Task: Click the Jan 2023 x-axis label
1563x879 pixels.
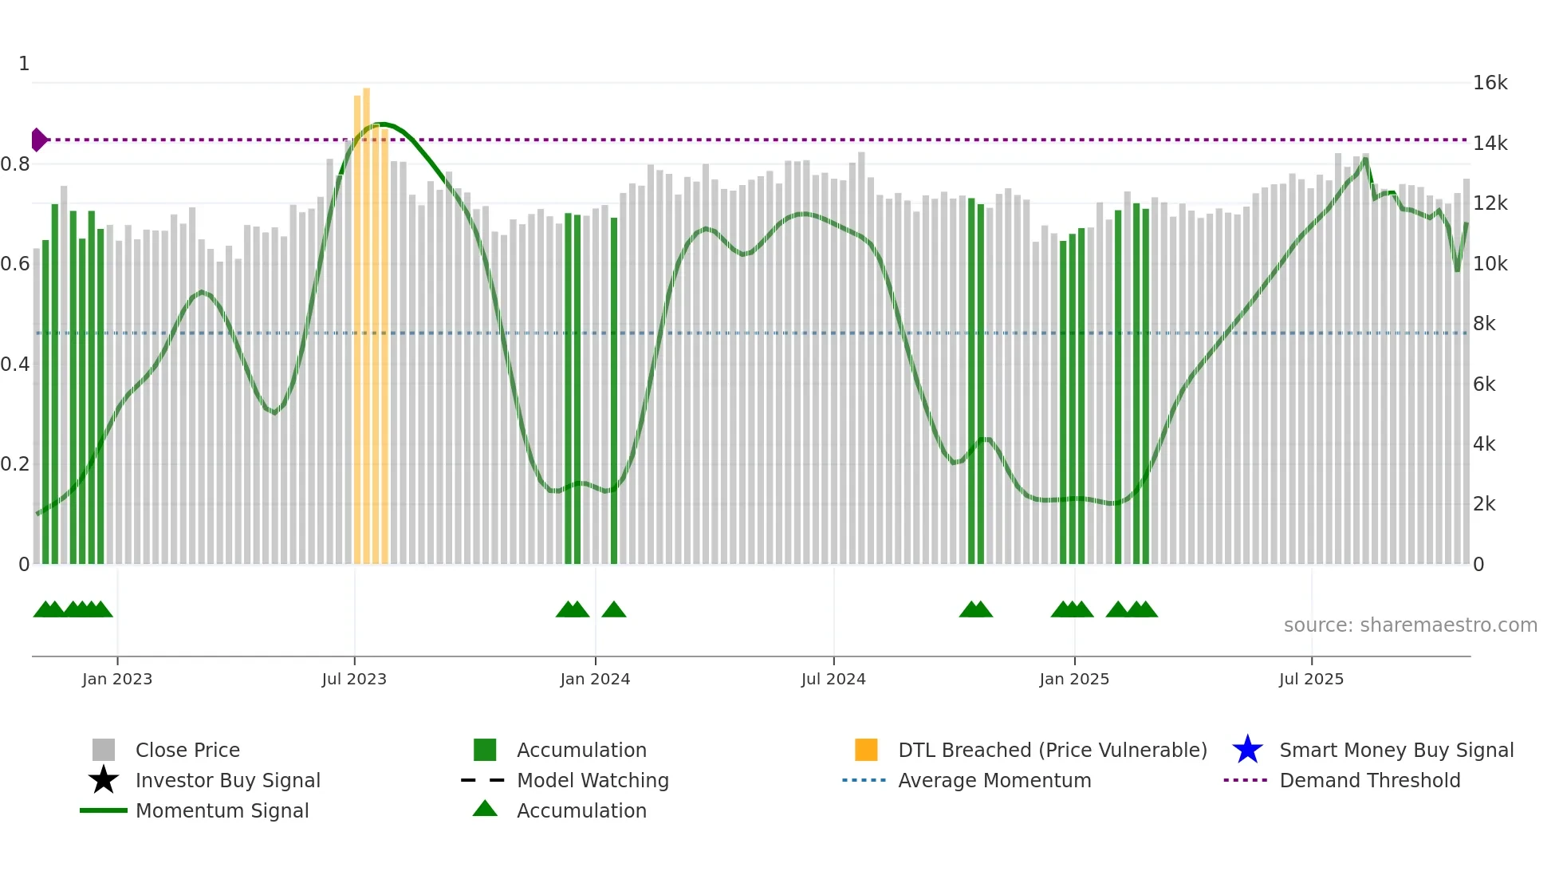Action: tap(117, 680)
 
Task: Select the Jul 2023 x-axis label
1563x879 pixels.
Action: tap(354, 680)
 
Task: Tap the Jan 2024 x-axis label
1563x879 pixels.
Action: tap(595, 680)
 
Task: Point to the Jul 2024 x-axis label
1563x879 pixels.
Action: tap(833, 680)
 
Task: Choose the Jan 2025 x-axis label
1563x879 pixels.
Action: tap(1074, 680)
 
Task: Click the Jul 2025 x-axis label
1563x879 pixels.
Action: tap(1311, 680)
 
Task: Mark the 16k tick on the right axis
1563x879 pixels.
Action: tap(1490, 83)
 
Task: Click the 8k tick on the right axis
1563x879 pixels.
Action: tap(1484, 324)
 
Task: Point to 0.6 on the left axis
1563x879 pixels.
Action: tap(15, 264)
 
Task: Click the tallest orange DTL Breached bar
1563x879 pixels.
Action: tap(366, 319)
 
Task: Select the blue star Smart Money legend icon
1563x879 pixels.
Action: tap(1247, 750)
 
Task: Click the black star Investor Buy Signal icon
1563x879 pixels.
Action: tap(104, 780)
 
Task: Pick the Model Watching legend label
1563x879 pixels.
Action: tap(593, 780)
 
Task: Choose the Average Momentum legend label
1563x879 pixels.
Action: tap(994, 780)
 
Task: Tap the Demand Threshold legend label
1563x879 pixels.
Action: tap(1370, 780)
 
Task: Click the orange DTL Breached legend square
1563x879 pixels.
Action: tap(866, 750)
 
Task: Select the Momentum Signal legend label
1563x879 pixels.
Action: tap(222, 810)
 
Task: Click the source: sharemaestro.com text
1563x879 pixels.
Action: tap(1410, 625)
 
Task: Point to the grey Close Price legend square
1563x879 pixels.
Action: tap(104, 750)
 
